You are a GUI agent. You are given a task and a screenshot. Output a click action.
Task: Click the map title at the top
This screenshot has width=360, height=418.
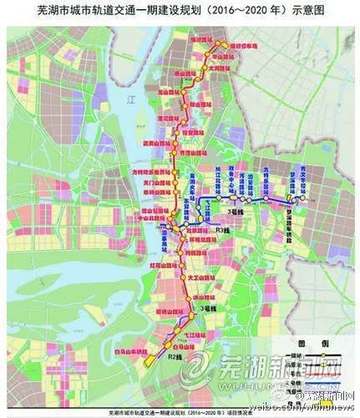(180, 11)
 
